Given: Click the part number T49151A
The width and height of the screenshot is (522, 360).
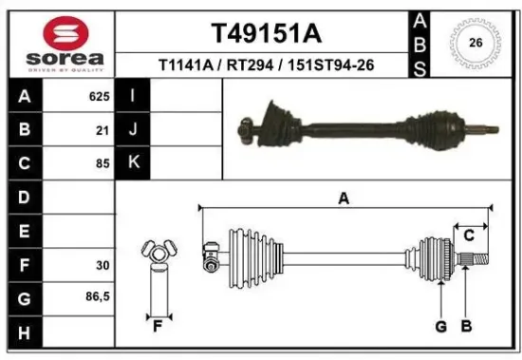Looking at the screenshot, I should pyautogui.click(x=265, y=35).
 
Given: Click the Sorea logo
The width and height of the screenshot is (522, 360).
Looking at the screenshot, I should pyautogui.click(x=65, y=44).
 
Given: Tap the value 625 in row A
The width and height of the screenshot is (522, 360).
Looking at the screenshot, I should pyautogui.click(x=99, y=97).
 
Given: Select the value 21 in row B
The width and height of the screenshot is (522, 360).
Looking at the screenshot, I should pyautogui.click(x=103, y=130).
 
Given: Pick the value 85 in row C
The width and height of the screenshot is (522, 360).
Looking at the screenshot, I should pyautogui.click(x=103, y=163).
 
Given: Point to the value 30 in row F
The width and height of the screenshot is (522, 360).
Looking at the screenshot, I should pyautogui.click(x=103, y=264).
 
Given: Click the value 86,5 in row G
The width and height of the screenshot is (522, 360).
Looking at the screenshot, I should pyautogui.click(x=97, y=297).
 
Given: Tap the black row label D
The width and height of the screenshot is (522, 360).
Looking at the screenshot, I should pyautogui.click(x=24, y=197).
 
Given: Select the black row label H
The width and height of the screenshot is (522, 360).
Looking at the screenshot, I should pyautogui.click(x=24, y=332).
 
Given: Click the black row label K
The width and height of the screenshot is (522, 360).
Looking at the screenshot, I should pyautogui.click(x=134, y=162).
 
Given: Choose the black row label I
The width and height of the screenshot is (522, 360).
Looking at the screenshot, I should pyautogui.click(x=134, y=96).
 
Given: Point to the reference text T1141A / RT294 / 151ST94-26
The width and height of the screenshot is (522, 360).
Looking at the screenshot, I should pyautogui.click(x=265, y=65).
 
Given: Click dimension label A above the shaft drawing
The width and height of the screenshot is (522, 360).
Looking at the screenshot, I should pyautogui.click(x=344, y=198).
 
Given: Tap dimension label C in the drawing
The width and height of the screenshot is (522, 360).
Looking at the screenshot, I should pyautogui.click(x=468, y=235).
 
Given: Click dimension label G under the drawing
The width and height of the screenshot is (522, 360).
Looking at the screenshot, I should pyautogui.click(x=441, y=328).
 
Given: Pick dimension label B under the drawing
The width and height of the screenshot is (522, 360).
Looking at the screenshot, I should pyautogui.click(x=466, y=328).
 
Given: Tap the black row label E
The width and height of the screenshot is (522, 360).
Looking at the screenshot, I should pyautogui.click(x=24, y=231).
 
